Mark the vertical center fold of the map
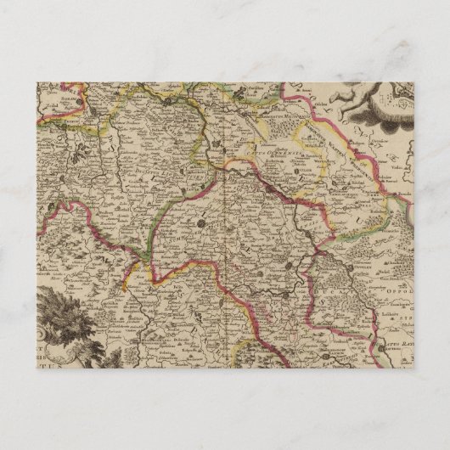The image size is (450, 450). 222,229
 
